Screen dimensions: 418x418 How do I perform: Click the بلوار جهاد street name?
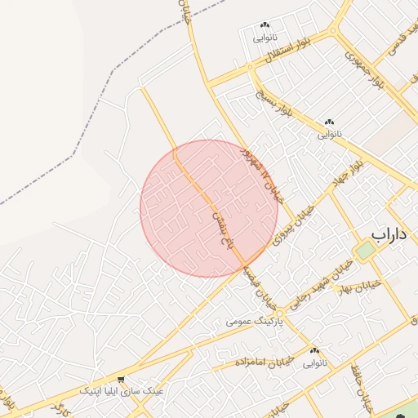point(348,174)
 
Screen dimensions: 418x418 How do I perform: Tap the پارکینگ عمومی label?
point(254,322)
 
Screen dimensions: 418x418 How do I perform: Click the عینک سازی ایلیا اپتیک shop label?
point(122,392)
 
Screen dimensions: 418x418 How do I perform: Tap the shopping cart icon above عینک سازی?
point(122,380)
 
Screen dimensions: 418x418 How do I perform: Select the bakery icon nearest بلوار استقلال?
point(265,27)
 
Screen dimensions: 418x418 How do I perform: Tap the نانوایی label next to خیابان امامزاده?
point(315,362)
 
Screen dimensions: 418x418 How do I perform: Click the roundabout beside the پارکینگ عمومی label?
point(280,313)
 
